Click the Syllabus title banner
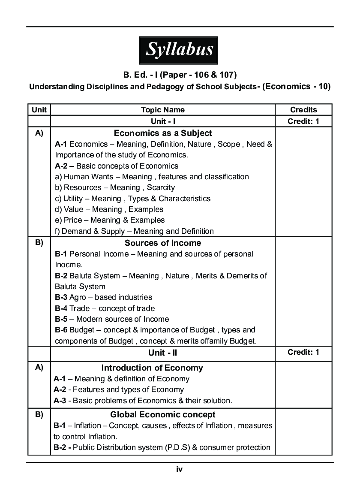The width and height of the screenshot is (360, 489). click(179, 50)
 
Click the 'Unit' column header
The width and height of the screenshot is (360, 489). click(39, 110)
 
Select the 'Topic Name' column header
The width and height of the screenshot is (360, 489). click(163, 110)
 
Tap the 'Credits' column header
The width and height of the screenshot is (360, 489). click(303, 110)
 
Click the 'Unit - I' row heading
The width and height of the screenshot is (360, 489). click(163, 121)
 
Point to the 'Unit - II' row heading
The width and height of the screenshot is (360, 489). click(163, 353)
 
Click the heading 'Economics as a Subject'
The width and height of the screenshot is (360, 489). click(163, 133)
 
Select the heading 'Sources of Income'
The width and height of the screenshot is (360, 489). click(163, 243)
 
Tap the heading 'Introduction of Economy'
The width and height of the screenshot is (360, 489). click(152, 368)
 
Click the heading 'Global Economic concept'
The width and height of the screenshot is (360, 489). click(163, 414)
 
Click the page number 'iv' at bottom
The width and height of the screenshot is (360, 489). click(180, 469)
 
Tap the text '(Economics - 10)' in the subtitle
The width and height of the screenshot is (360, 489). click(296, 86)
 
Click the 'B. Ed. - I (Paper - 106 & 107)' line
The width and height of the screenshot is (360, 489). click(180, 75)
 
